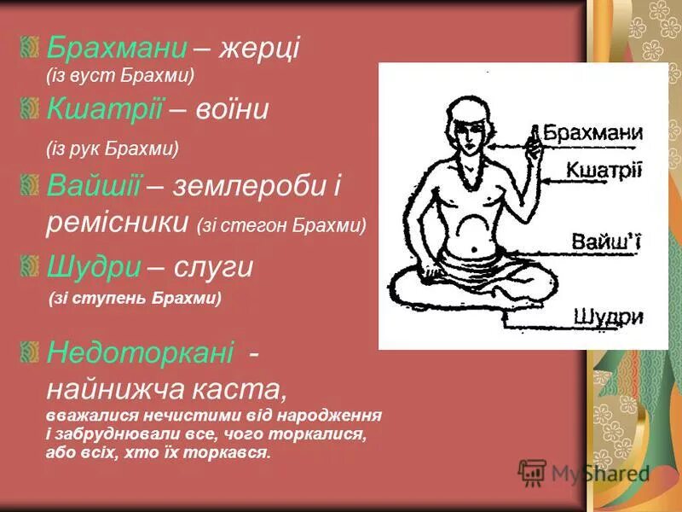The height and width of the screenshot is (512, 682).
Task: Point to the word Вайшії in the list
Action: pyautogui.click(x=94, y=185)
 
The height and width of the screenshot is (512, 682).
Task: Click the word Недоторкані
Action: pyautogui.click(x=140, y=351)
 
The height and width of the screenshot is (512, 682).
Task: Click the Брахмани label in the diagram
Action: pyautogui.click(x=593, y=133)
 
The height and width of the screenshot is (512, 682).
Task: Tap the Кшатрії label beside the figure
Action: pyautogui.click(x=604, y=169)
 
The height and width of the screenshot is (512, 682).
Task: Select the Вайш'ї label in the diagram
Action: pyautogui.click(x=606, y=243)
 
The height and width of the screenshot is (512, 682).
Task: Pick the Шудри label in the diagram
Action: pyautogui.click(x=608, y=317)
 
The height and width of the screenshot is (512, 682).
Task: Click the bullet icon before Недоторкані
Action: pyautogui.click(x=31, y=350)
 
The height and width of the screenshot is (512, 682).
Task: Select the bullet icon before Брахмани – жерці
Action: pyautogui.click(x=31, y=47)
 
